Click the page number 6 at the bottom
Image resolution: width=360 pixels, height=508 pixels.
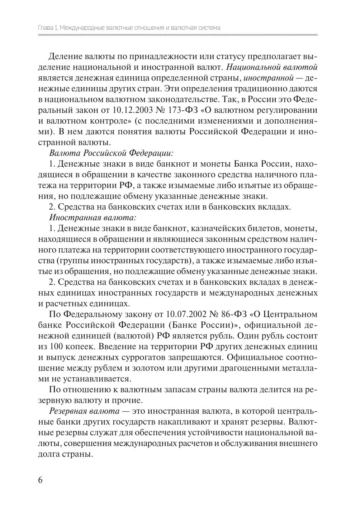tap(40, 480)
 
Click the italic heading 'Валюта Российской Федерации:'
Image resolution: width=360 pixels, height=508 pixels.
tap(111, 153)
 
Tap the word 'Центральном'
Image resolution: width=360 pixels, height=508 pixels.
tap(290, 315)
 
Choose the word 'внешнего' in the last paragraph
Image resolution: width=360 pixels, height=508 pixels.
tap(300, 443)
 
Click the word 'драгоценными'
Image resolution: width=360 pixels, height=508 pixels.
tap(252, 368)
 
